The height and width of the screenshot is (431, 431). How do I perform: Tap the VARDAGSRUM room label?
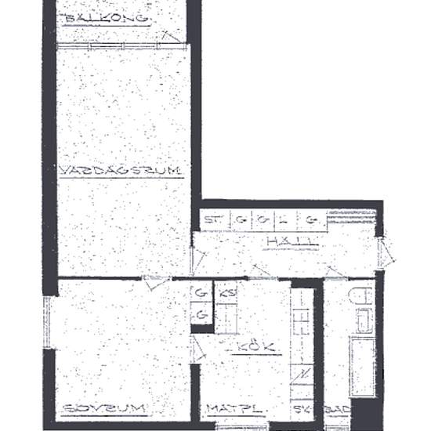click(120, 170)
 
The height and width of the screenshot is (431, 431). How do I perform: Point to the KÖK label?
click(248, 345)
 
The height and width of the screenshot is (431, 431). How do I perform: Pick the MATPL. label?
click(234, 409)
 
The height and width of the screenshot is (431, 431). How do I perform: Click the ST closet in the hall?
click(211, 220)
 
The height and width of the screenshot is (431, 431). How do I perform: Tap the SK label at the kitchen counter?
click(299, 409)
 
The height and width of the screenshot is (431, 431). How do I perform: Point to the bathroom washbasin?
click(363, 321)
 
